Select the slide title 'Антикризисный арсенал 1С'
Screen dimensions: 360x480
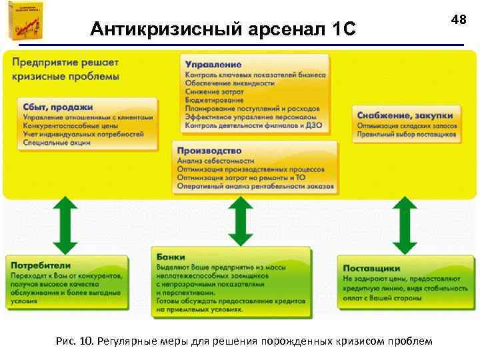tap(224, 29)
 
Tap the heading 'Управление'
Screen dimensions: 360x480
tap(213, 64)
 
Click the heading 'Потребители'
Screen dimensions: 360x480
tap(40, 265)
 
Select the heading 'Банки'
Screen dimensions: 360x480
tap(171, 256)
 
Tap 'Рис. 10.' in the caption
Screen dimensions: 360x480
tap(75, 341)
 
